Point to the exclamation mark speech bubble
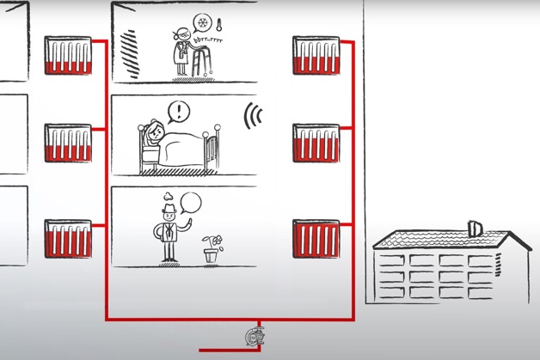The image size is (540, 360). (178, 112)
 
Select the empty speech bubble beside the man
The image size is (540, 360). (191, 204)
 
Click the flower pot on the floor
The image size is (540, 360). (212, 255)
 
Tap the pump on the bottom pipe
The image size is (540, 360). (255, 336)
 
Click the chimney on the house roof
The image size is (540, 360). (474, 228)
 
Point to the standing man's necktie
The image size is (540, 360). (169, 231)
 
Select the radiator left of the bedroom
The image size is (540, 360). (68, 143)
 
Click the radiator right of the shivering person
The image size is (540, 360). (316, 55)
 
